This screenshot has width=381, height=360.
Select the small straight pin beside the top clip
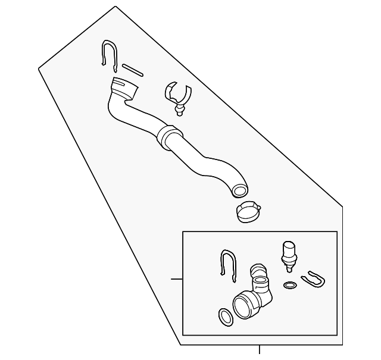(132, 69)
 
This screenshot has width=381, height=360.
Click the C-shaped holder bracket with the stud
(177, 93)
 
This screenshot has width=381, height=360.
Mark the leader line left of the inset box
(176, 278)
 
